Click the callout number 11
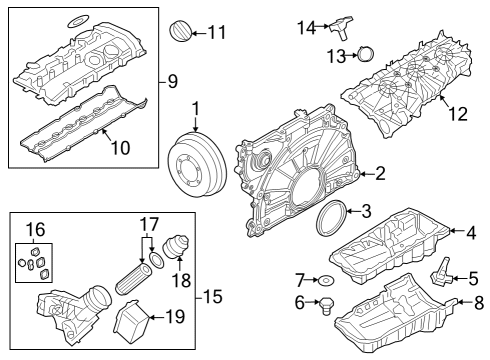coord(216,31)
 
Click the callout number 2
coord(379,174)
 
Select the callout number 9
coord(171,79)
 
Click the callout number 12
coord(457,114)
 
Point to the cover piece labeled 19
coord(133,323)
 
